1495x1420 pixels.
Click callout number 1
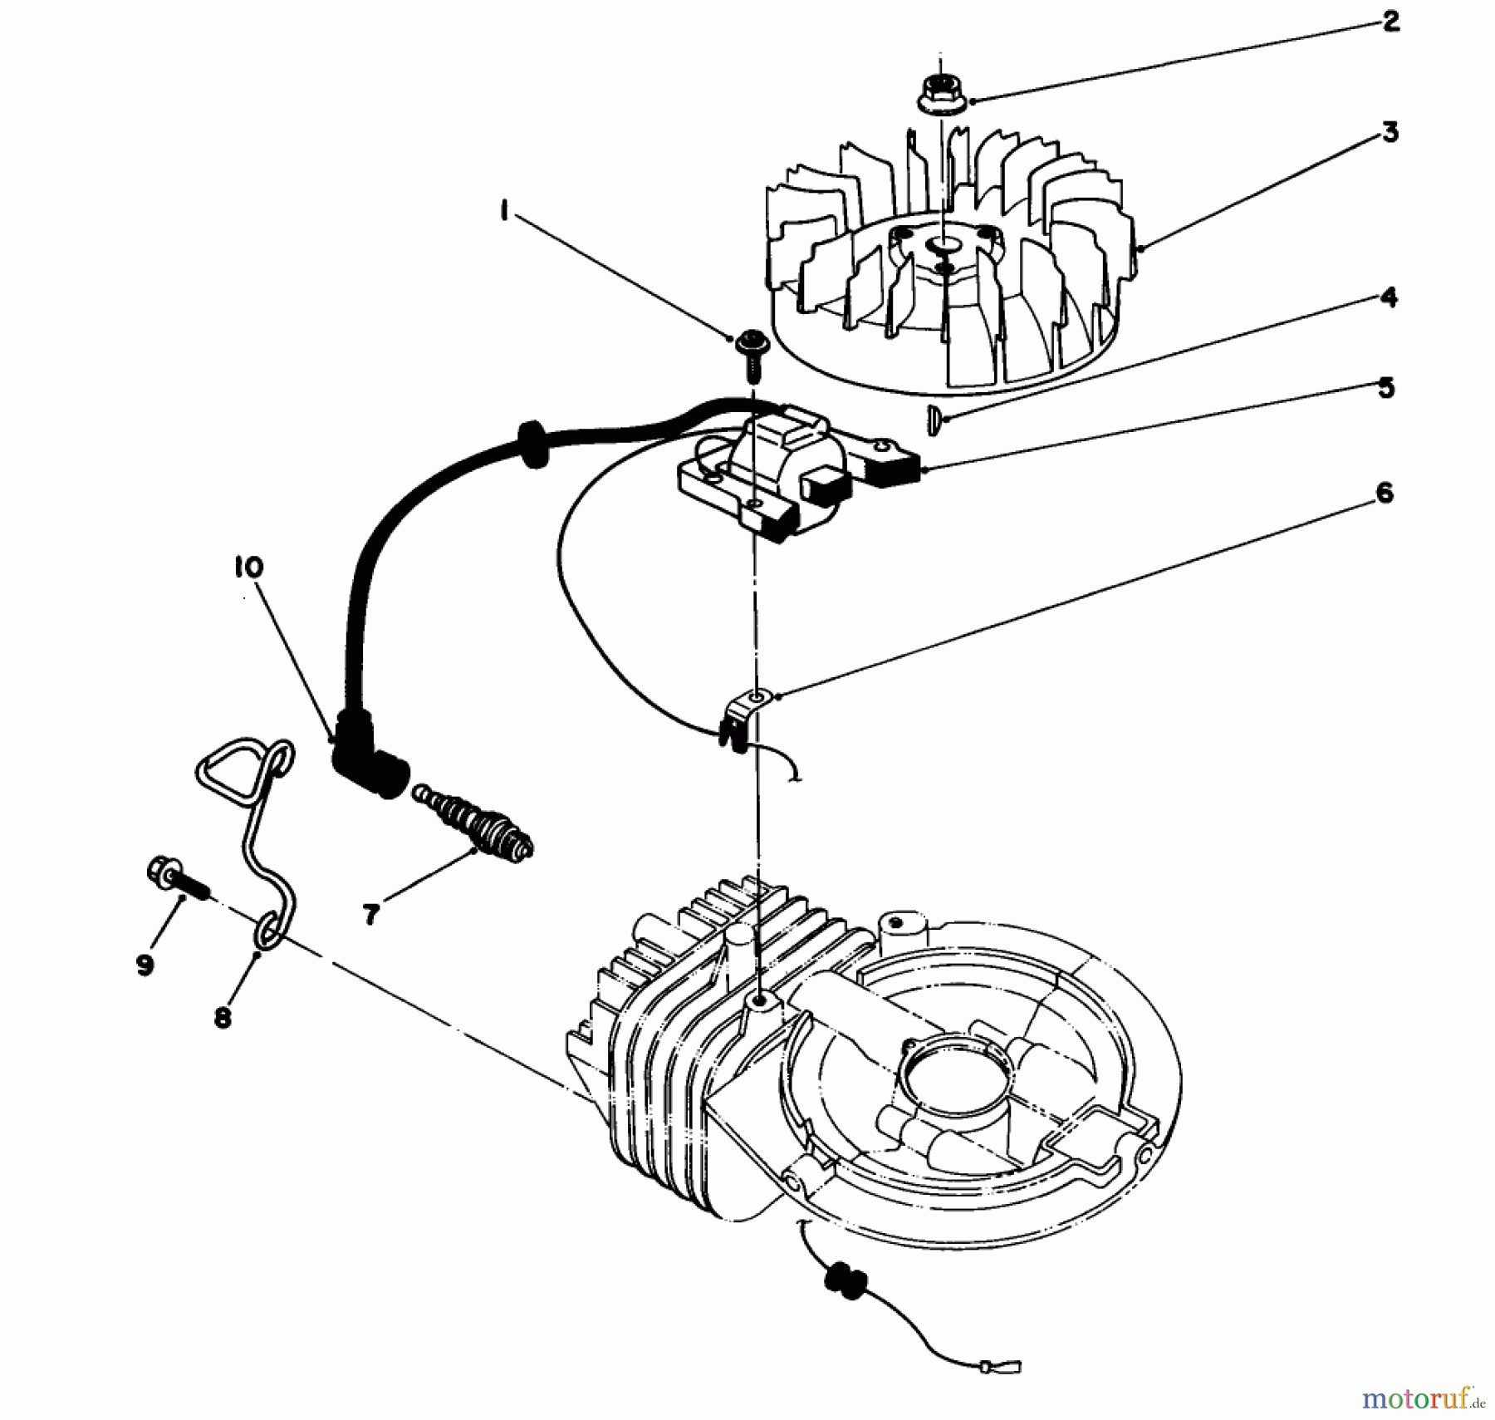pyautogui.click(x=504, y=212)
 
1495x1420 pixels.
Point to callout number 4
pyautogui.click(x=1389, y=297)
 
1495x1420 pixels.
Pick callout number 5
pyautogui.click(x=1385, y=388)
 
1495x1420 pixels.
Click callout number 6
pyautogui.click(x=1384, y=494)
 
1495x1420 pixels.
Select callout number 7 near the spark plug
pyautogui.click(x=370, y=914)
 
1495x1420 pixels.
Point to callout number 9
pyautogui.click(x=145, y=965)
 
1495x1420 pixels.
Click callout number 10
pyautogui.click(x=248, y=568)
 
